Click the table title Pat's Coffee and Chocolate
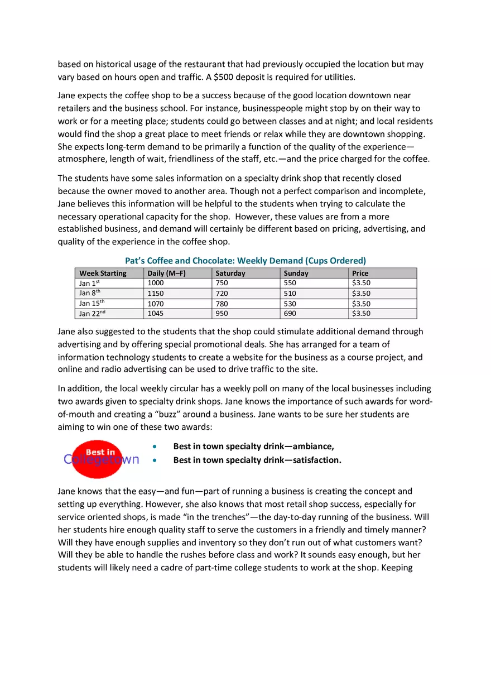click(245, 261)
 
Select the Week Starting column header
click(103, 273)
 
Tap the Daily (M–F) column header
click(166, 273)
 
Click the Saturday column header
click(230, 273)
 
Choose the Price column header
click(360, 273)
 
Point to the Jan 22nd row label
click(92, 314)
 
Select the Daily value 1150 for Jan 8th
click(156, 294)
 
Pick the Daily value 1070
click(156, 304)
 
